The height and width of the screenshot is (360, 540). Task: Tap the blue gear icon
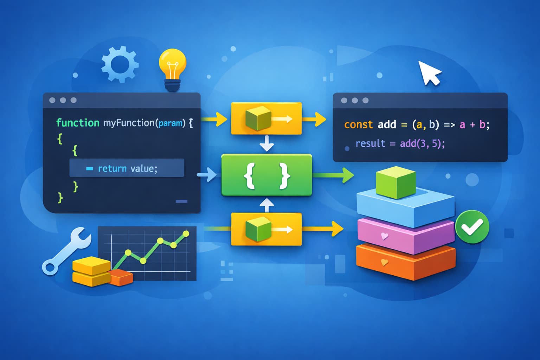120,64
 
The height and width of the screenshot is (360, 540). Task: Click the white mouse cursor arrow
428,73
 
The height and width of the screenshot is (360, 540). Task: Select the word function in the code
78,123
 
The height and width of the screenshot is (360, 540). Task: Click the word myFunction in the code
129,123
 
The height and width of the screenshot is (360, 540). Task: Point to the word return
112,169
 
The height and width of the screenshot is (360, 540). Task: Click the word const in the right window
358,124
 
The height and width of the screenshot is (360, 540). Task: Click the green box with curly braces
266,175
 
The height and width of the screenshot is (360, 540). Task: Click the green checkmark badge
472,227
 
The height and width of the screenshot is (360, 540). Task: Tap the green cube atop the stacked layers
396,182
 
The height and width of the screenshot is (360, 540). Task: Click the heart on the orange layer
385,262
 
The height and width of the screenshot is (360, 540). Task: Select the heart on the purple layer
385,236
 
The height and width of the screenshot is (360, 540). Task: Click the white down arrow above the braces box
266,143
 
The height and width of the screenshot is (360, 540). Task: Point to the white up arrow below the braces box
266,205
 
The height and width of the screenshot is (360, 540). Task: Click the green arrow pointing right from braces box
334,175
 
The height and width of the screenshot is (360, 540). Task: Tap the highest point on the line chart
186,233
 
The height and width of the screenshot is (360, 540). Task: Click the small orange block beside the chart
121,277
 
